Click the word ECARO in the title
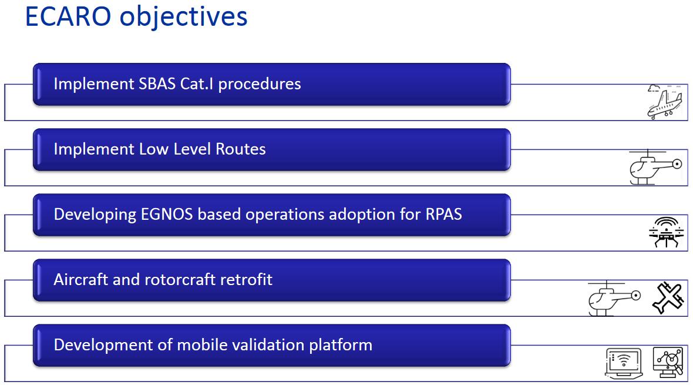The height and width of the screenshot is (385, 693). point(68,17)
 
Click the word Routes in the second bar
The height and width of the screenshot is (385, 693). point(240,149)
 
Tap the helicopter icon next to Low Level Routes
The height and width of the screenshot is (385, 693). point(655,167)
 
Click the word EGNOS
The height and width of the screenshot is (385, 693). point(167,214)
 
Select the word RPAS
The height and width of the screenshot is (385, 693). point(443,214)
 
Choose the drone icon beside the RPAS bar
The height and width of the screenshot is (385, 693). point(666,232)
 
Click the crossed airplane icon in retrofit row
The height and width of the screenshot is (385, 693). point(668,298)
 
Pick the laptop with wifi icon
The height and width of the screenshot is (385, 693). point(624,363)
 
